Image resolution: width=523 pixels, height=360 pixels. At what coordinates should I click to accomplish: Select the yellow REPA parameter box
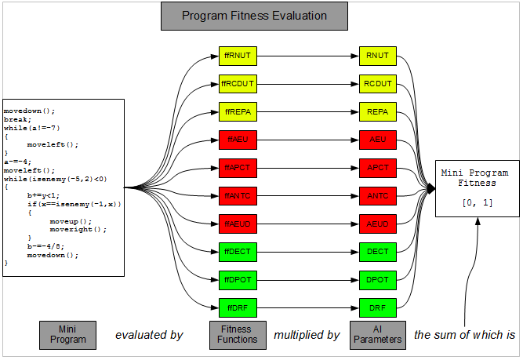point(377,112)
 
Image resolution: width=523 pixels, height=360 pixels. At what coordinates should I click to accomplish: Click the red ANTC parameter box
point(377,195)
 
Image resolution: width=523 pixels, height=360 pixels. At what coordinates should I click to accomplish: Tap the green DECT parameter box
point(377,251)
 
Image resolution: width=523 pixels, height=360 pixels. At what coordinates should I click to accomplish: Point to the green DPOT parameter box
point(377,279)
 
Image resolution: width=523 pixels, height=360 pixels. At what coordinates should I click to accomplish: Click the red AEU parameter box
point(377,140)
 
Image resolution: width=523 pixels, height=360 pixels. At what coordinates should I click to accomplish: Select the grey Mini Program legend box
point(67,335)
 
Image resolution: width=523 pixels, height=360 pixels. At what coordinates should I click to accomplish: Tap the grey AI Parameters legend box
point(377,335)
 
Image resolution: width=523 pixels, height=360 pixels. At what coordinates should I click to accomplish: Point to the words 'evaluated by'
point(149,336)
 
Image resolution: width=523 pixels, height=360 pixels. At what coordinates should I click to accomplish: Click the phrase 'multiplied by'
point(307,336)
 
